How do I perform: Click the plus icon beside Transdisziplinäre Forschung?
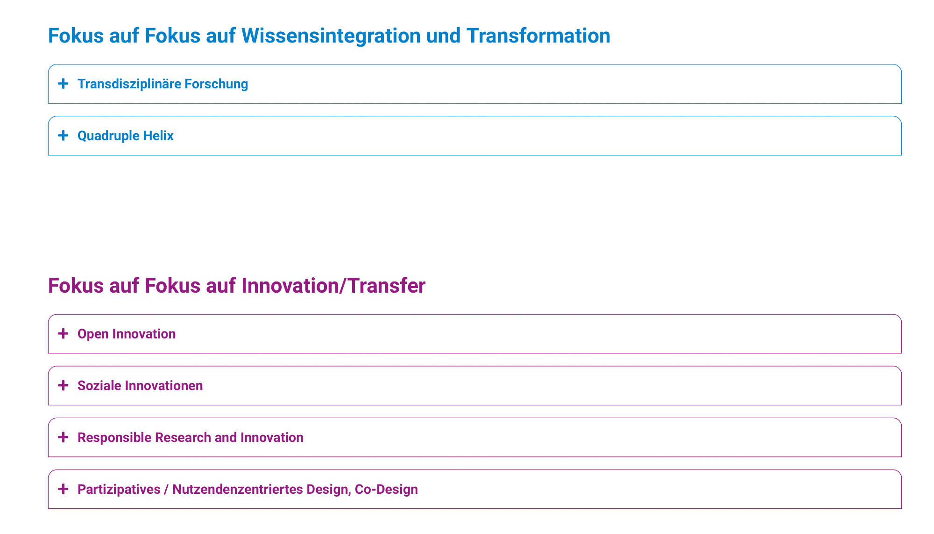pos(63,84)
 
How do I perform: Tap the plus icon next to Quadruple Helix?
pos(63,135)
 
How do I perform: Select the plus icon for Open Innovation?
pos(63,333)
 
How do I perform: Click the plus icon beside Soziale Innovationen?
pos(63,385)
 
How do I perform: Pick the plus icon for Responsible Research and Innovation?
pos(63,437)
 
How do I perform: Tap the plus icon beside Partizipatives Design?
pos(63,489)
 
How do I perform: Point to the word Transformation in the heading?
pos(538,36)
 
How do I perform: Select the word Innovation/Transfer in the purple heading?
pos(333,286)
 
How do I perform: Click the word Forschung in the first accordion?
pos(216,84)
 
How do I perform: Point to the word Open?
pos(93,334)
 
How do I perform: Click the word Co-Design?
pos(386,490)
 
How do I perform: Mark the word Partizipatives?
pos(119,490)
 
